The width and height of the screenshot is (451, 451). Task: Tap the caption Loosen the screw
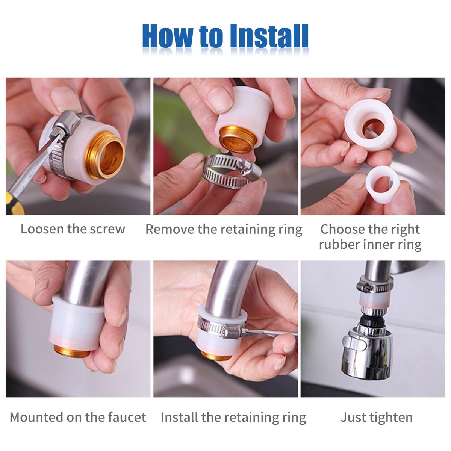pos(73,229)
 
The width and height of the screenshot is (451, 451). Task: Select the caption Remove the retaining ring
pos(224,230)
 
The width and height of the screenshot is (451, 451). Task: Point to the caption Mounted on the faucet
pos(78,417)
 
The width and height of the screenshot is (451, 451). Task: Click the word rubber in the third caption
pos(339,245)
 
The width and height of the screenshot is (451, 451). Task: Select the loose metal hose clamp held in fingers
pos(232,171)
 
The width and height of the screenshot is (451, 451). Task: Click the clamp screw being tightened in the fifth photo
pos(232,332)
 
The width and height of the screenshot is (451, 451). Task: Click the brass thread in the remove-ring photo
pos(237,139)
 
